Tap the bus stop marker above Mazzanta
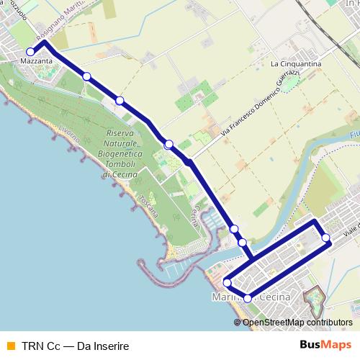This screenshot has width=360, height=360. coord(30,52)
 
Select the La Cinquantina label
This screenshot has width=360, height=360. coord(295,64)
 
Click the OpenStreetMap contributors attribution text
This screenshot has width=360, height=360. coord(297,323)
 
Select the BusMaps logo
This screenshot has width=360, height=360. coord(326,344)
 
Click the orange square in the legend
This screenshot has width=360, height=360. coord(10,345)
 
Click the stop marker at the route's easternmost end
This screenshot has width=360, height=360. coord(325,238)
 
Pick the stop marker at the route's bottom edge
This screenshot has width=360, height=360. coord(247,298)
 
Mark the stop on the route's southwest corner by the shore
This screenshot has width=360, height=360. coord(226,282)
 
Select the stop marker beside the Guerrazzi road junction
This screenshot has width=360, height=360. coord(168,145)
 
